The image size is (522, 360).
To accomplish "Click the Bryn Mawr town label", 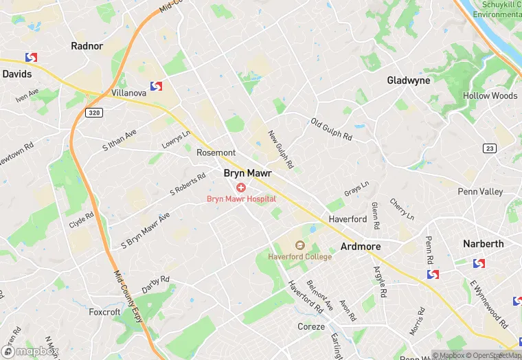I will tap(248, 174).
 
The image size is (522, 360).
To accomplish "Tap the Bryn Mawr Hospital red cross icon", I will tap(241, 188).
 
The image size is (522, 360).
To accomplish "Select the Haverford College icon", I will tap(299, 245).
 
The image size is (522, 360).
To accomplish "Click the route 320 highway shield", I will tap(94, 112).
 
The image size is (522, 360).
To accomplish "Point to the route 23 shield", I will tap(489, 148).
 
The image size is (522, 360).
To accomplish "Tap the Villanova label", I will tap(128, 92).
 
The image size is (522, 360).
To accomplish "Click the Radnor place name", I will tap(87, 46).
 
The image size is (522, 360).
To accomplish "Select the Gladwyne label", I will tap(409, 80).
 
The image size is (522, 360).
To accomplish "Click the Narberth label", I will tap(483, 244).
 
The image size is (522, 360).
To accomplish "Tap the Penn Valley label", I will tap(480, 192).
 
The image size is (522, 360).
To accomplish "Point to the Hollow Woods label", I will tap(490, 95).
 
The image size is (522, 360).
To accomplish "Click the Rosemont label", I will tap(216, 153).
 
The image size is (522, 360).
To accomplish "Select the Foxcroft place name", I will tap(104, 312).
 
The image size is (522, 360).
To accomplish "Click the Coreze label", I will tap(311, 326).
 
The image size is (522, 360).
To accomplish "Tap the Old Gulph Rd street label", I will tap(331, 129).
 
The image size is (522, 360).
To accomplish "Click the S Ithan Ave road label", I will tap(120, 140).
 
